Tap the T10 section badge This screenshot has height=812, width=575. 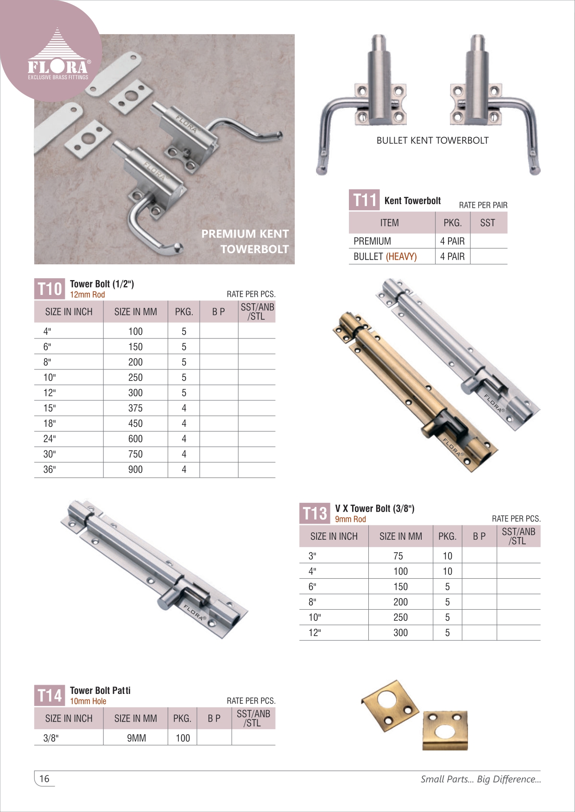click(50, 289)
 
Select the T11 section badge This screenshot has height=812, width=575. click(364, 200)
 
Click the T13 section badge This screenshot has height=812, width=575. click(315, 513)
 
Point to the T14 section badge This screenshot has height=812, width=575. click(50, 695)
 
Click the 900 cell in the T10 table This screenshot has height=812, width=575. click(135, 469)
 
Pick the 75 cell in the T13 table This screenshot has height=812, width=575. click(398, 556)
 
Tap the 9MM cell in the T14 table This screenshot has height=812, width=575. click(136, 738)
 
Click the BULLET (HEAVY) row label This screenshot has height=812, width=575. click(385, 256)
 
